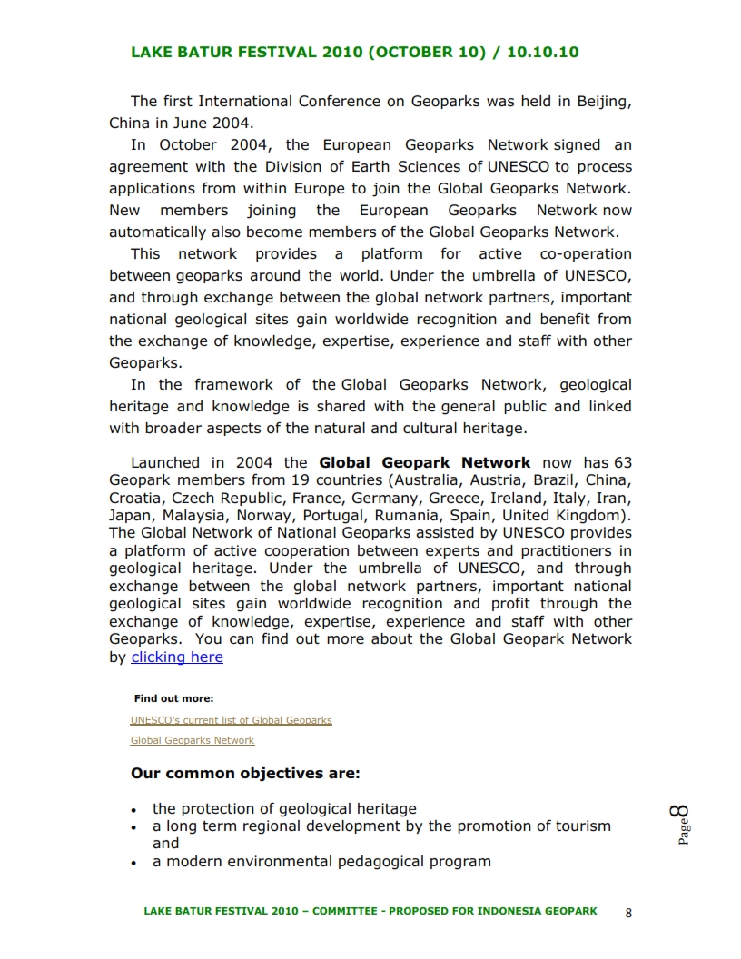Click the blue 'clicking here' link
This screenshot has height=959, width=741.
click(x=177, y=657)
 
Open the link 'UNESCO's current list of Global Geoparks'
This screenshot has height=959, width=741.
click(x=231, y=720)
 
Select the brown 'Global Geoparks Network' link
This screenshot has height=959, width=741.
click(x=193, y=740)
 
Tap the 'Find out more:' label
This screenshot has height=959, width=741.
click(x=173, y=698)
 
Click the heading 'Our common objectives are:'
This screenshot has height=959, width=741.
click(x=245, y=774)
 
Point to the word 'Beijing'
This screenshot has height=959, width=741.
click(x=604, y=102)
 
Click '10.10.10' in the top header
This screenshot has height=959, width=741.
click(x=542, y=52)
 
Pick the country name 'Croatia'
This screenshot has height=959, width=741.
click(x=136, y=498)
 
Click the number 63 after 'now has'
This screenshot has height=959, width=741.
click(x=622, y=462)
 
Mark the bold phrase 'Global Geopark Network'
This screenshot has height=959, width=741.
click(x=424, y=462)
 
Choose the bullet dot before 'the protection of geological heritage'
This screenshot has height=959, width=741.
click(x=133, y=809)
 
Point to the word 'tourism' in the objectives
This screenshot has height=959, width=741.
click(x=580, y=826)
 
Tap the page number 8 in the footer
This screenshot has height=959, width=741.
click(x=628, y=913)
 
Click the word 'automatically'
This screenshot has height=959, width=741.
click(x=158, y=232)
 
